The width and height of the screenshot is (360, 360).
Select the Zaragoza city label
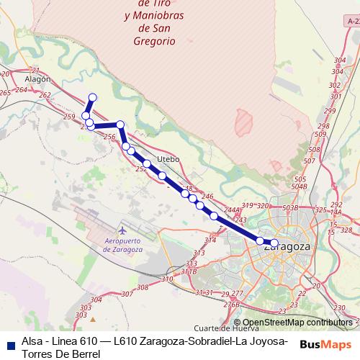tap(287, 247)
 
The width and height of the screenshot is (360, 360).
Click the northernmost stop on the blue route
tap(91, 97)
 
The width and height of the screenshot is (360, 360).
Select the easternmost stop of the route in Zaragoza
tap(274, 243)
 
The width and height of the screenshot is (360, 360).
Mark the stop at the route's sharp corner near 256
tap(120, 125)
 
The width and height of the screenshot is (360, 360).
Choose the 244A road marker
tap(232, 210)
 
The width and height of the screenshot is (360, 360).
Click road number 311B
tap(189, 271)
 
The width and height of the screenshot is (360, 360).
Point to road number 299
tap(330, 110)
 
